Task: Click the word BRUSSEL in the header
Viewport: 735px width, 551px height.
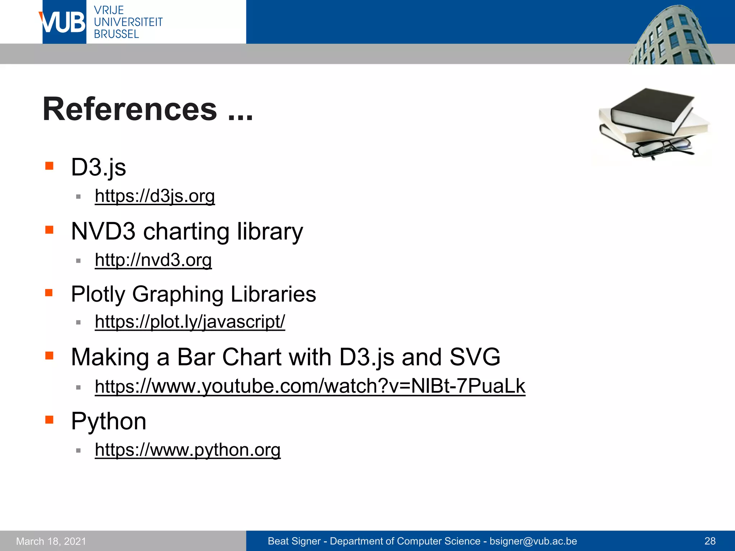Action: (x=116, y=34)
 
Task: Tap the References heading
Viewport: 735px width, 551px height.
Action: (x=148, y=109)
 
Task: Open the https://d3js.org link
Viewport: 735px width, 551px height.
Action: (x=155, y=196)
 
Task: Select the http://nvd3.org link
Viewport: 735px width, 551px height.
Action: (x=153, y=260)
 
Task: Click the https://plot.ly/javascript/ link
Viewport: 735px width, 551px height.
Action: (x=190, y=322)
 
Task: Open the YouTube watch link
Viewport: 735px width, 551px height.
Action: (x=310, y=386)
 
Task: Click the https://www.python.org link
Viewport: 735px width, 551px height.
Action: (x=187, y=450)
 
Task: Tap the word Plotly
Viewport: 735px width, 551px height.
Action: (x=98, y=294)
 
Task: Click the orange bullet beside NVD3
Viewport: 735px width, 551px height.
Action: (x=49, y=230)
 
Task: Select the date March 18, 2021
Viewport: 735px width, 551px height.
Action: (x=51, y=541)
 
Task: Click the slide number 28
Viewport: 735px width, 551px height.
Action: (x=710, y=541)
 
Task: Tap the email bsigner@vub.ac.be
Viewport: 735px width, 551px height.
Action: (x=533, y=541)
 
